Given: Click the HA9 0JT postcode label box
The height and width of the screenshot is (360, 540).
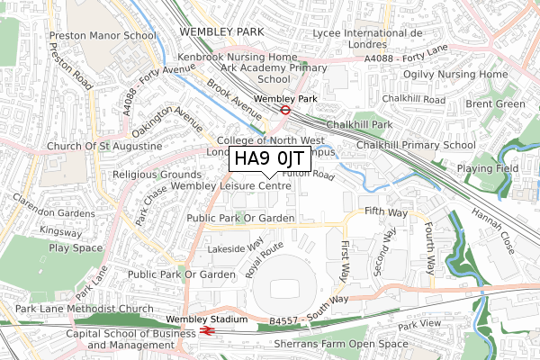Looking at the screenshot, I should point(268,160).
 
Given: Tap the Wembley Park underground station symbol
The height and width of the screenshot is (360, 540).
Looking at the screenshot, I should point(284,111).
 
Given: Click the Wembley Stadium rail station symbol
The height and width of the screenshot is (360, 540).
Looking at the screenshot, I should point(206,330).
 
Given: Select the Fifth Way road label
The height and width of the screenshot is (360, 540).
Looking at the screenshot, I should point(387,211).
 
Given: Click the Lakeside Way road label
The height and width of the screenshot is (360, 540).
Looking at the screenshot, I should point(235,243).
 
